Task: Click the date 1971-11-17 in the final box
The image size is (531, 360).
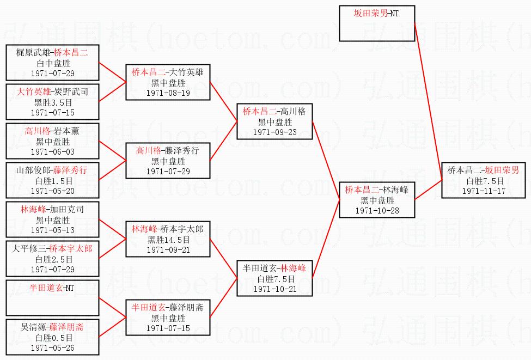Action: point(484,191)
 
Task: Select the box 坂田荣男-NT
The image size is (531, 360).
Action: point(377,23)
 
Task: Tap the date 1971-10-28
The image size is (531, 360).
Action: point(377,211)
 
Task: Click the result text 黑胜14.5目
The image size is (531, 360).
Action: point(168,240)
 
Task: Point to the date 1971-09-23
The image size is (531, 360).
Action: point(274,132)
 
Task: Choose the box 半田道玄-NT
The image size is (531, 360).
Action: point(52,298)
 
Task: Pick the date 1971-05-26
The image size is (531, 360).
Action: point(52,348)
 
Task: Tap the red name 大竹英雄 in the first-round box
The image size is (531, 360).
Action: point(34,91)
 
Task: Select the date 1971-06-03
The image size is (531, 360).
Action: point(52,152)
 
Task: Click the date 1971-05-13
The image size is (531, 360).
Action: point(52,230)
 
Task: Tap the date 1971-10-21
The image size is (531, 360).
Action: point(274,289)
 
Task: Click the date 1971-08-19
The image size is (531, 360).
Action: point(168,93)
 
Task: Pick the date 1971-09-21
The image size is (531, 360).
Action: point(168,250)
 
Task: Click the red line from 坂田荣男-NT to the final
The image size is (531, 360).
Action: point(429,102)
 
